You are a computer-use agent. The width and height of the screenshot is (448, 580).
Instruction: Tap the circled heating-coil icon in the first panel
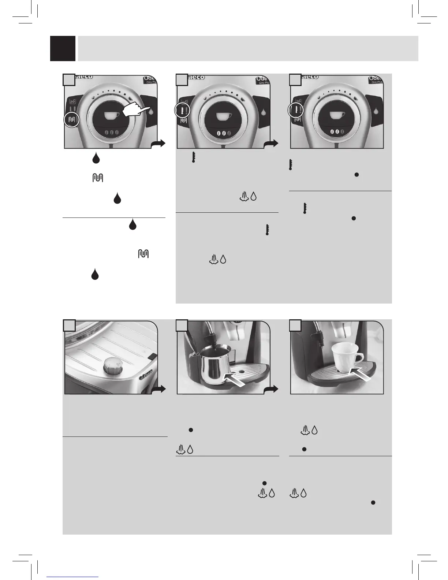(x=72, y=119)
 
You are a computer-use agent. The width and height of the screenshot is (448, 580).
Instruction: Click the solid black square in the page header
(x=63, y=48)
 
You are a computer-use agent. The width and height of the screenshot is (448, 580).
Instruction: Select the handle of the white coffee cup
(x=358, y=357)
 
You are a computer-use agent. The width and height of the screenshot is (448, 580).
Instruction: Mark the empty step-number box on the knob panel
(x=70, y=325)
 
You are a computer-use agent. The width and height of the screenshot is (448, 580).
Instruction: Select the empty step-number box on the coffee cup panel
(x=295, y=325)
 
